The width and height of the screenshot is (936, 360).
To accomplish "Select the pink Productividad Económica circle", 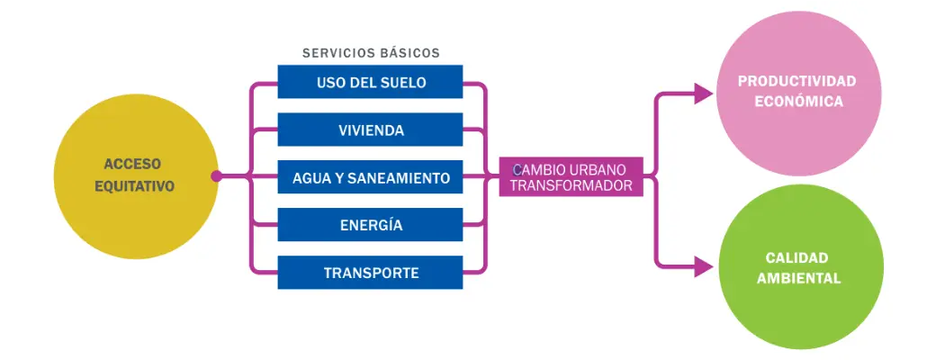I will [796, 93].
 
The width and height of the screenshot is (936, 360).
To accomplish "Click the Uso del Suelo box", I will [370, 82].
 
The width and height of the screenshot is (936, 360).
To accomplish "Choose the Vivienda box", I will [370, 130].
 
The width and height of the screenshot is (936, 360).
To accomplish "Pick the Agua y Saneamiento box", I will [370, 177].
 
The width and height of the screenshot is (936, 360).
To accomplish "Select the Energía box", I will [370, 225].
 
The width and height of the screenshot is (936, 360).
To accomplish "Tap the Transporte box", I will [370, 272].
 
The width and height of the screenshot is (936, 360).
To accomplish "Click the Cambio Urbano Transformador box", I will [571, 177].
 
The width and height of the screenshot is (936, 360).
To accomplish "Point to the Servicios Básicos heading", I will [371, 53].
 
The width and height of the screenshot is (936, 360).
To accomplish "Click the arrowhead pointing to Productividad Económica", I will [704, 93].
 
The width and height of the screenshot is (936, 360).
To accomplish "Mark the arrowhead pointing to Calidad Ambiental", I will [704, 265].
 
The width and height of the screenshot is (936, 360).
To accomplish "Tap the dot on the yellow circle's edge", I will [216, 176].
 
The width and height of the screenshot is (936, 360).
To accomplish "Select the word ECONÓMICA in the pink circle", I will [797, 102].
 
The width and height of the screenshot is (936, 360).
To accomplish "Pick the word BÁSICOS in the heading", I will [409, 53].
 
